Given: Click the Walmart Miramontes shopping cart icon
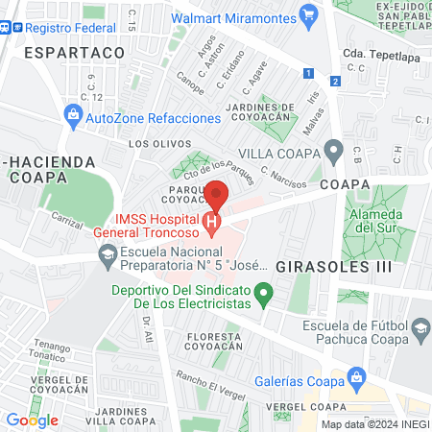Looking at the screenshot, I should pos(308,15).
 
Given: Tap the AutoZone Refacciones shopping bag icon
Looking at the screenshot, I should pos(73,117).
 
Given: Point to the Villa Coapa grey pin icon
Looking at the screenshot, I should pos(333,152).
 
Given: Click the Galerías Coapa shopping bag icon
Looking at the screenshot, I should pos(357,375).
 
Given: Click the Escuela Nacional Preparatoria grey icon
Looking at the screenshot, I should pos(107,253).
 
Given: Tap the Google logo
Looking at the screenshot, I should pos(32,420).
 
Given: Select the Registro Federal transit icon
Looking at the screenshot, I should pos(7,28).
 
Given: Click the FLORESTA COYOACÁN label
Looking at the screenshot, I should pos(214,343).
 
